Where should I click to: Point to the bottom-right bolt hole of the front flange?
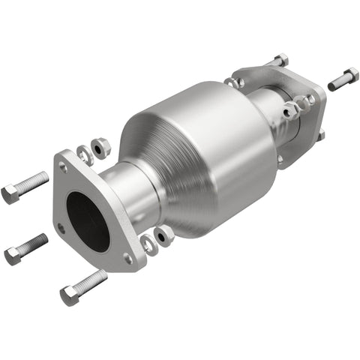point(127,257)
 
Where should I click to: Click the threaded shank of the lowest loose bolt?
point(92,282)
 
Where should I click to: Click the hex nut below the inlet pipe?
point(163,234)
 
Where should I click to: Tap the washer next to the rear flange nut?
point(290,112)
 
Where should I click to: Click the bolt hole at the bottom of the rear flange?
point(282,159)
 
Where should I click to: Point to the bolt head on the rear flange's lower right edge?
point(320,135)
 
